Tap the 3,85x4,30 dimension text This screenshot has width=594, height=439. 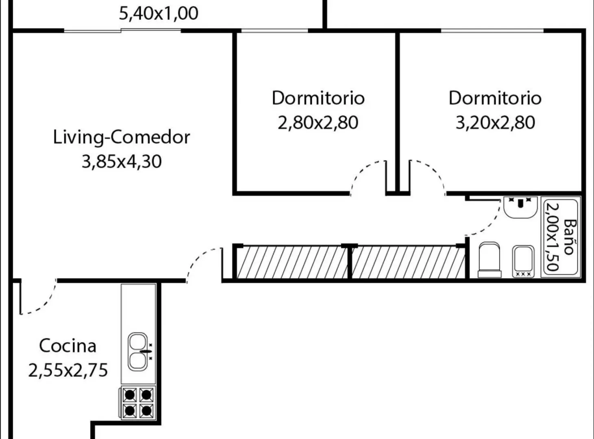coord(122,161)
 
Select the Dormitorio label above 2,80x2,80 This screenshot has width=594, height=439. coord(318,98)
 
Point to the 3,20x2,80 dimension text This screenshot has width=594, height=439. coord(495,123)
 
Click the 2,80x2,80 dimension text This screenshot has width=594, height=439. coord(318,123)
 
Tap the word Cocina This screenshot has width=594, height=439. coord(68,346)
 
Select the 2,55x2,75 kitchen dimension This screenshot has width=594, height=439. coord(68,370)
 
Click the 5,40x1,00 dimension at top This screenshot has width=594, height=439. coord(159,13)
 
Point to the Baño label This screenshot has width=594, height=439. coord(570,237)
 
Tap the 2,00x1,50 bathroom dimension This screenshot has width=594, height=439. coord(553,237)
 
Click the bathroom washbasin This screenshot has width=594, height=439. coord(520,207)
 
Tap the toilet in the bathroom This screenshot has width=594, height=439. coord(489,260)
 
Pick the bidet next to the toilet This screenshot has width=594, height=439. coord(523,261)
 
